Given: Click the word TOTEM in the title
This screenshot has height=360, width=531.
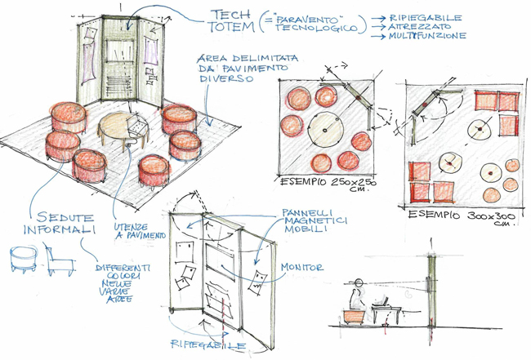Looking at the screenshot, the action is coord(231,27).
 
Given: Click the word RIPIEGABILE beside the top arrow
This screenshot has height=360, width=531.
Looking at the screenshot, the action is coord(426,18).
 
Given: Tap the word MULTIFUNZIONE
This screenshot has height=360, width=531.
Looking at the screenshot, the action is coord(427,36).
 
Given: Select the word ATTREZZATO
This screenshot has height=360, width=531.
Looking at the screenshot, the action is coord(420,26).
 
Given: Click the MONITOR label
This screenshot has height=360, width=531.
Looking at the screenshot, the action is coord(301,267).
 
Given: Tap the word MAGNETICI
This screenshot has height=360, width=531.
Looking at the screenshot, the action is coord(315,221).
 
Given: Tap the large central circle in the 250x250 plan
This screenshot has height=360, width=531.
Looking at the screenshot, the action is coord(325,130).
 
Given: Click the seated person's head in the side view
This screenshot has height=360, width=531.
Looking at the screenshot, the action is coord(359,282).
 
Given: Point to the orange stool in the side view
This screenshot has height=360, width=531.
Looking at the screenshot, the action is coord(355,317).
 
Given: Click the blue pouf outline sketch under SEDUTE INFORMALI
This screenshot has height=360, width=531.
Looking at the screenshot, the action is coord(24,259).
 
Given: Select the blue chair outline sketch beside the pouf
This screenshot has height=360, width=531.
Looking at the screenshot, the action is coord(59,259).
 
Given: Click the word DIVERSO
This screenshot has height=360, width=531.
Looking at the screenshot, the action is coord(226,79).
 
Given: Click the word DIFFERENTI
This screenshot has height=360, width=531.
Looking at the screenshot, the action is coord(123,268).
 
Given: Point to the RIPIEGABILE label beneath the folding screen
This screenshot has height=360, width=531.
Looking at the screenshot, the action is coord(208,344).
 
